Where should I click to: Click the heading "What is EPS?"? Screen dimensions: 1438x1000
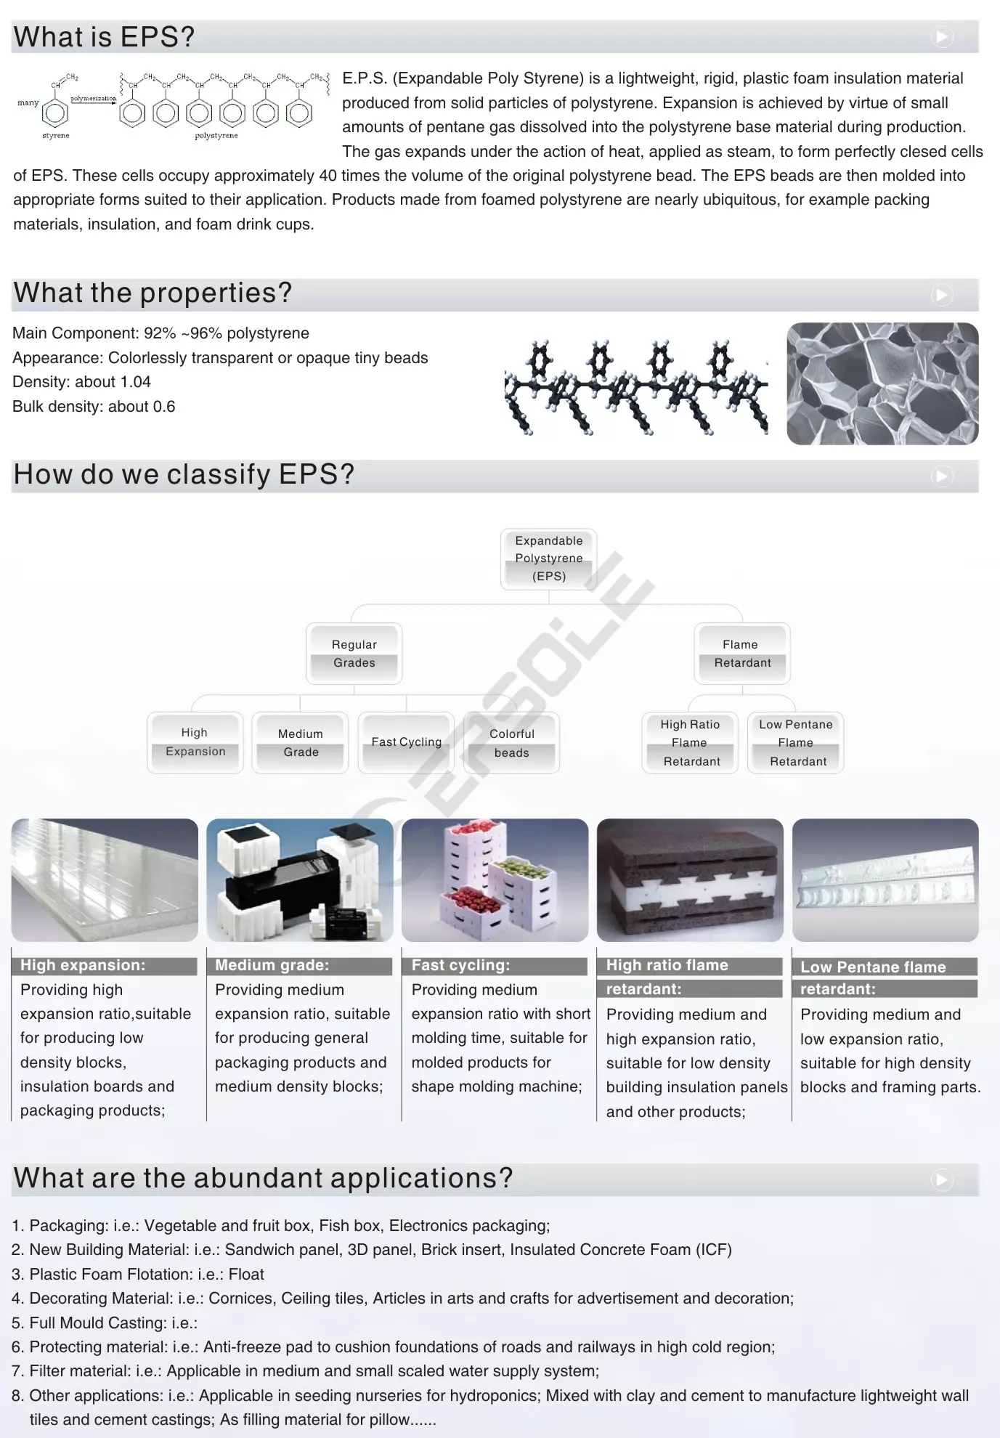click(x=105, y=37)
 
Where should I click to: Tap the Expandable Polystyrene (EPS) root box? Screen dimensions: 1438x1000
click(x=548, y=558)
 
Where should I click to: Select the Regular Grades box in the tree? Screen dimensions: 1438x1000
click(x=354, y=654)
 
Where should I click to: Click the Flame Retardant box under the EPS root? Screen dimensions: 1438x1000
click(x=741, y=654)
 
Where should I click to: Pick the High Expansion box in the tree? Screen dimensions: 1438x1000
click(x=195, y=742)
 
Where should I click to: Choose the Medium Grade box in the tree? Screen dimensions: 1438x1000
click(x=300, y=743)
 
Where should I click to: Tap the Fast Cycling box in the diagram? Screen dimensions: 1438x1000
click(x=406, y=742)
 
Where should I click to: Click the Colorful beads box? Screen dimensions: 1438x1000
click(x=511, y=743)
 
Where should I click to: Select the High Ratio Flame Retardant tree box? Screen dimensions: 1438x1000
click(x=690, y=743)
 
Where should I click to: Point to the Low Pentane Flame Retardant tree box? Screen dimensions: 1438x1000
click(x=796, y=743)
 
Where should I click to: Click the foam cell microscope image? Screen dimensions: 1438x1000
click(x=882, y=383)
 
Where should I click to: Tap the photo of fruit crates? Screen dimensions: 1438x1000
click(x=495, y=880)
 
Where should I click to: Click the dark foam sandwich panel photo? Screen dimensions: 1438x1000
click(x=690, y=880)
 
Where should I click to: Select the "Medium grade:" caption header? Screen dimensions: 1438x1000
click(x=272, y=965)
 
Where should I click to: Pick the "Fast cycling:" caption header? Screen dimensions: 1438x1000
click(x=461, y=965)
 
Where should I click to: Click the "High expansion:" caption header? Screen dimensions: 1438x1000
click(x=83, y=965)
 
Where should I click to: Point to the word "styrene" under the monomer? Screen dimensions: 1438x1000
click(x=56, y=136)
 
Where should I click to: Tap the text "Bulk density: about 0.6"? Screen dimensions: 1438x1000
click(x=94, y=407)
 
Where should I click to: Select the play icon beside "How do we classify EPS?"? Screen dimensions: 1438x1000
click(x=942, y=476)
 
